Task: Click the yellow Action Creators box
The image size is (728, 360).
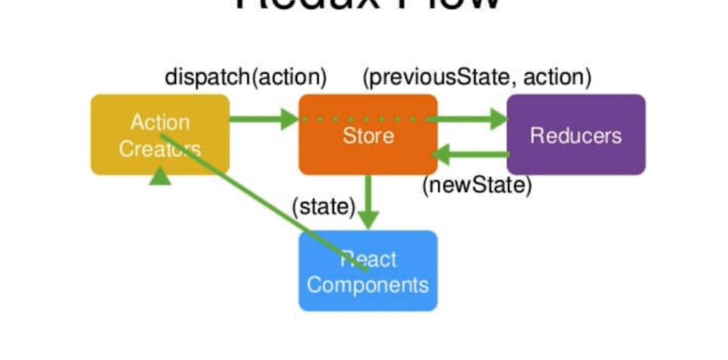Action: pos(159,134)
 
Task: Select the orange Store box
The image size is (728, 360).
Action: pos(368,134)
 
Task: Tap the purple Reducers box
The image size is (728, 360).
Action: pos(575,134)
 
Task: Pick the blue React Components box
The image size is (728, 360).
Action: pos(368,270)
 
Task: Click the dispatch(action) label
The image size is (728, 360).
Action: pos(245,78)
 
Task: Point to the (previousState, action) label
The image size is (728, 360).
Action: pos(477,78)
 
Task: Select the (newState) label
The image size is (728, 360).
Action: pos(477,185)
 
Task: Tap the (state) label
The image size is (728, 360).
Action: pos(323,206)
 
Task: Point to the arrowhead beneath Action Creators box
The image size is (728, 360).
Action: pos(159,176)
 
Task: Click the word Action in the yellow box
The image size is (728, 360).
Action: pos(159,123)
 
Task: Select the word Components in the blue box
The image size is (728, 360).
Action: pos(368,284)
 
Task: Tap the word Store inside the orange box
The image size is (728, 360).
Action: pos(368,136)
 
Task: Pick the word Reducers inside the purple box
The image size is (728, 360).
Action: pos(575,135)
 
